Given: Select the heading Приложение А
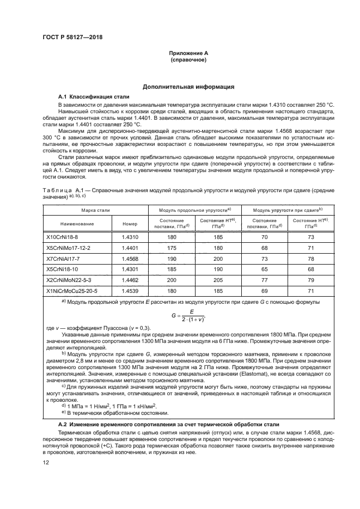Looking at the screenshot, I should [188, 53].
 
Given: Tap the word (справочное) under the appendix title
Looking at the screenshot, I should [188, 59].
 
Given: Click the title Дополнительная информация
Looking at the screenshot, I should [188, 87].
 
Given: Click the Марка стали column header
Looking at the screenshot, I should [96, 210].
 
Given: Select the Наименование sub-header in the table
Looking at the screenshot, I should [78, 223].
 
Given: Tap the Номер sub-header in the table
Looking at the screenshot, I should [130, 223].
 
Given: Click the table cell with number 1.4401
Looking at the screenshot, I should [130, 248].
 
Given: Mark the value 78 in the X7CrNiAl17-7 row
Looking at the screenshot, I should [312, 258].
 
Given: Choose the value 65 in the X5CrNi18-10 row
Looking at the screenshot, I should [265, 268].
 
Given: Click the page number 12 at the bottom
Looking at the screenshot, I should [47, 462].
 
